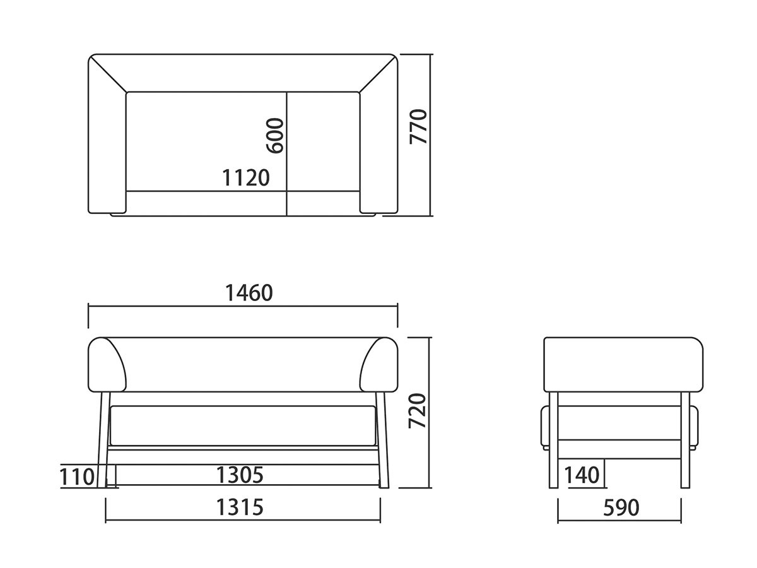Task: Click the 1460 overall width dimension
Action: pos(249,293)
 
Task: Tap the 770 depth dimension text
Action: pos(418,127)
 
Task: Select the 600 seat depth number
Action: pos(275,136)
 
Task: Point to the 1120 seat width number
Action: pos(245,178)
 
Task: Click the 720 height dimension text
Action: pos(418,411)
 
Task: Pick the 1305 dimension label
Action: pos(240,475)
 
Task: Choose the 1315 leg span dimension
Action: pos(240,507)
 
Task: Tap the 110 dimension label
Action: pos(77,477)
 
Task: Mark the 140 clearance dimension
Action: pos(582,475)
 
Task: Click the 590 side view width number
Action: pos(621,507)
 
